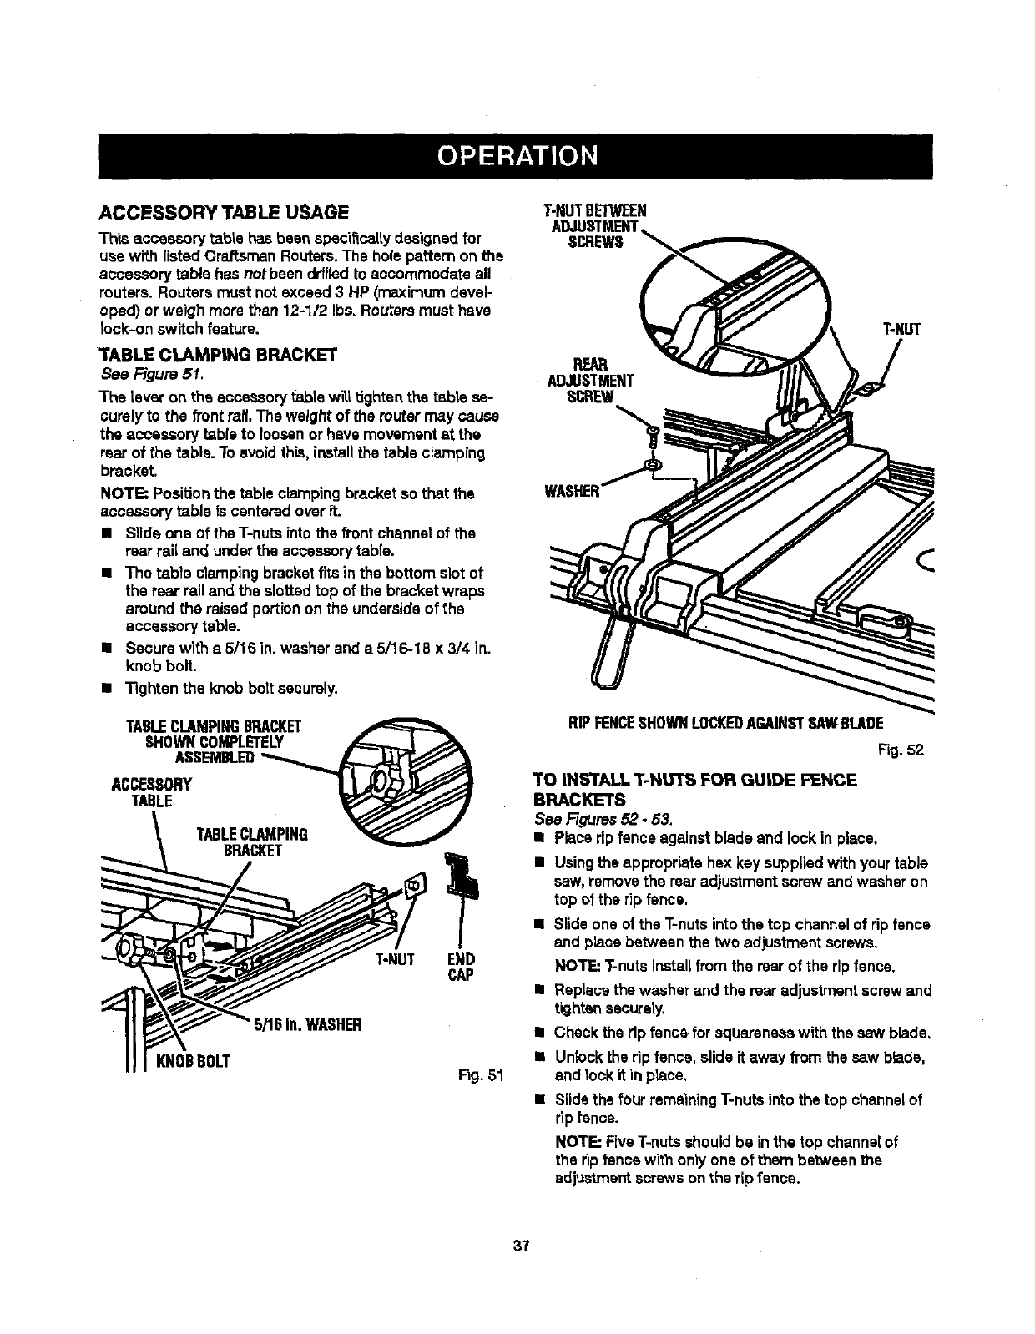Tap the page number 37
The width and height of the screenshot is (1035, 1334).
523,1246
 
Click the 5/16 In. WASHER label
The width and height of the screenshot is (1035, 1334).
306,1025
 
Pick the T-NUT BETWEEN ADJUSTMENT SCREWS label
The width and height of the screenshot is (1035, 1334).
594,225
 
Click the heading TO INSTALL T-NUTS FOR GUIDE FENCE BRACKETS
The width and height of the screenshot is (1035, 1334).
694,789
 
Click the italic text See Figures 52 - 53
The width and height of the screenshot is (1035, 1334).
603,816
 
